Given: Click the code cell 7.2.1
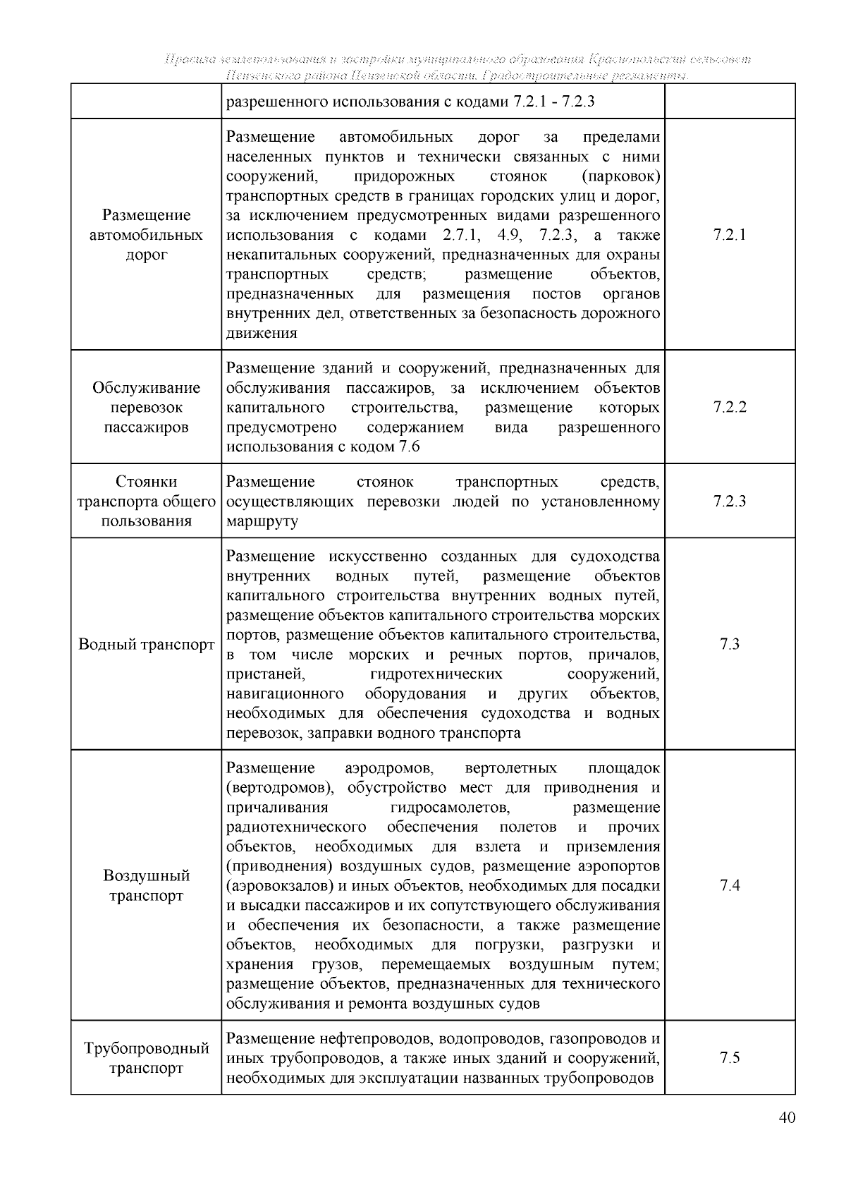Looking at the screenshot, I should click(x=730, y=235).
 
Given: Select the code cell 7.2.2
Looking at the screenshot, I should click(x=730, y=407).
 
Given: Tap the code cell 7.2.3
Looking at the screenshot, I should click(x=730, y=502).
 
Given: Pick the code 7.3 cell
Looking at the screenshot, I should click(x=730, y=644).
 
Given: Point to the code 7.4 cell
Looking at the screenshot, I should click(x=730, y=885).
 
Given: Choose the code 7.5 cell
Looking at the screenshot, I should click(x=730, y=1057).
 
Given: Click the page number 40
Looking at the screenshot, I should click(x=787, y=1117).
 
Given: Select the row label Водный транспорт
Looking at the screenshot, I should click(x=147, y=645).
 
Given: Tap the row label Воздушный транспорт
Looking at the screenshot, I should click(x=147, y=885).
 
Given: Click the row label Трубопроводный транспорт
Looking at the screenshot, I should click(x=147, y=1057).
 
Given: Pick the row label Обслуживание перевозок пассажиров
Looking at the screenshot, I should click(x=147, y=407).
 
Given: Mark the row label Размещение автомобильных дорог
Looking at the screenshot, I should click(x=147, y=235).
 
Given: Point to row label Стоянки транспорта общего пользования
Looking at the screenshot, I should click(x=147, y=502).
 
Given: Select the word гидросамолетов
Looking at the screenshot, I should click(x=449, y=807).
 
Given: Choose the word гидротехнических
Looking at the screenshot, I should click(x=436, y=674).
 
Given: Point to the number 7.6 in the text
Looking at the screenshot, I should click(x=409, y=446).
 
